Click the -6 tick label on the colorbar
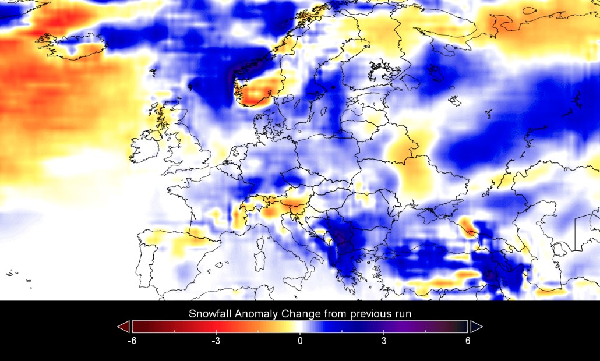[x=132, y=341]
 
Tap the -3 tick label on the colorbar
[x=216, y=341]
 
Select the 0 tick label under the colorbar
[x=300, y=341]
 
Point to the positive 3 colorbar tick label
[x=384, y=341]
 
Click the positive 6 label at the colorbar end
[x=468, y=341]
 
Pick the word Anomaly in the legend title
[x=254, y=314]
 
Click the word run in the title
[x=403, y=314]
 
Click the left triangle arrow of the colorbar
[x=123, y=326]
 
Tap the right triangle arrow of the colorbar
[x=477, y=326]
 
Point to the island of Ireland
[x=146, y=150]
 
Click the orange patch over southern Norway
[x=256, y=93]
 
